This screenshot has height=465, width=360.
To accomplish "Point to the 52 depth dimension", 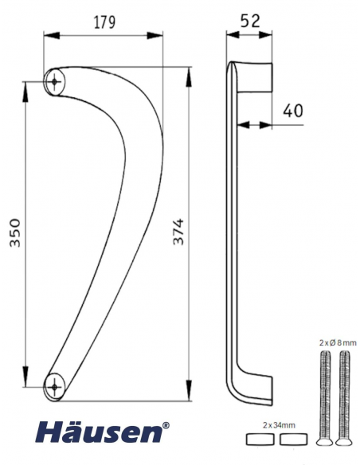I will [250, 21].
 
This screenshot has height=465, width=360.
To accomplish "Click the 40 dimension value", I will [292, 111].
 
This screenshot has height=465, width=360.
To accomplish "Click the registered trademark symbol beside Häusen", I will [166, 425].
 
